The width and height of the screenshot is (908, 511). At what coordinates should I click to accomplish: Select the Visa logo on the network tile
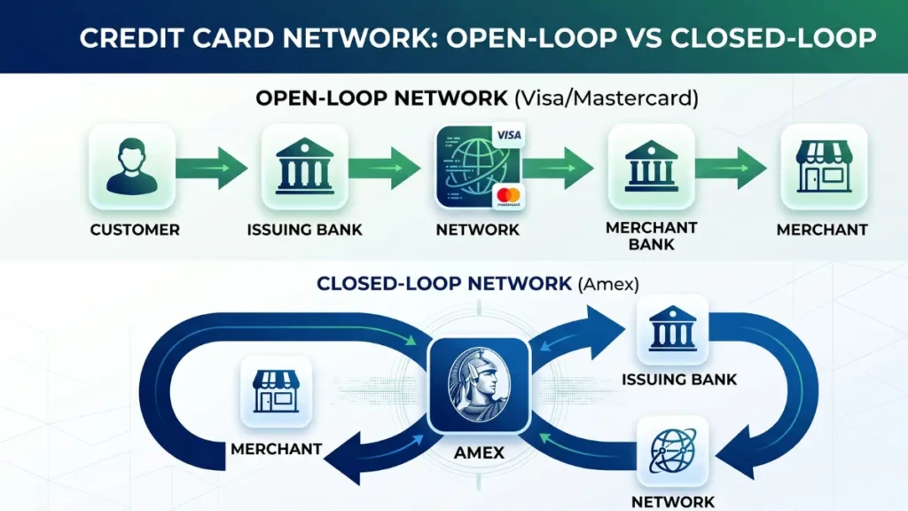coord(508,136)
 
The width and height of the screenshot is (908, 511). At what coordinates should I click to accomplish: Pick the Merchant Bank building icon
coord(651,166)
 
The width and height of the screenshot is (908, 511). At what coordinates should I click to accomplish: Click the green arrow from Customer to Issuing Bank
coord(213,167)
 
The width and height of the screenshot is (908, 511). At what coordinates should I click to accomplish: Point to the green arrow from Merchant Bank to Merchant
coord(732,167)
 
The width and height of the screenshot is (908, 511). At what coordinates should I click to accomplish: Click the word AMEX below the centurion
coord(479,452)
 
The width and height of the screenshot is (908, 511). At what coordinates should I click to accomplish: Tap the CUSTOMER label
coord(135,230)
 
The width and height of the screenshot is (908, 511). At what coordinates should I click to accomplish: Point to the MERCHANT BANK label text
coord(650,236)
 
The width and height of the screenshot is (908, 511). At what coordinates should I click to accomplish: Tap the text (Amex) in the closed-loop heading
coord(608,284)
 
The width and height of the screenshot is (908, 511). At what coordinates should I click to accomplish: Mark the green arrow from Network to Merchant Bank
coord(557,167)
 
